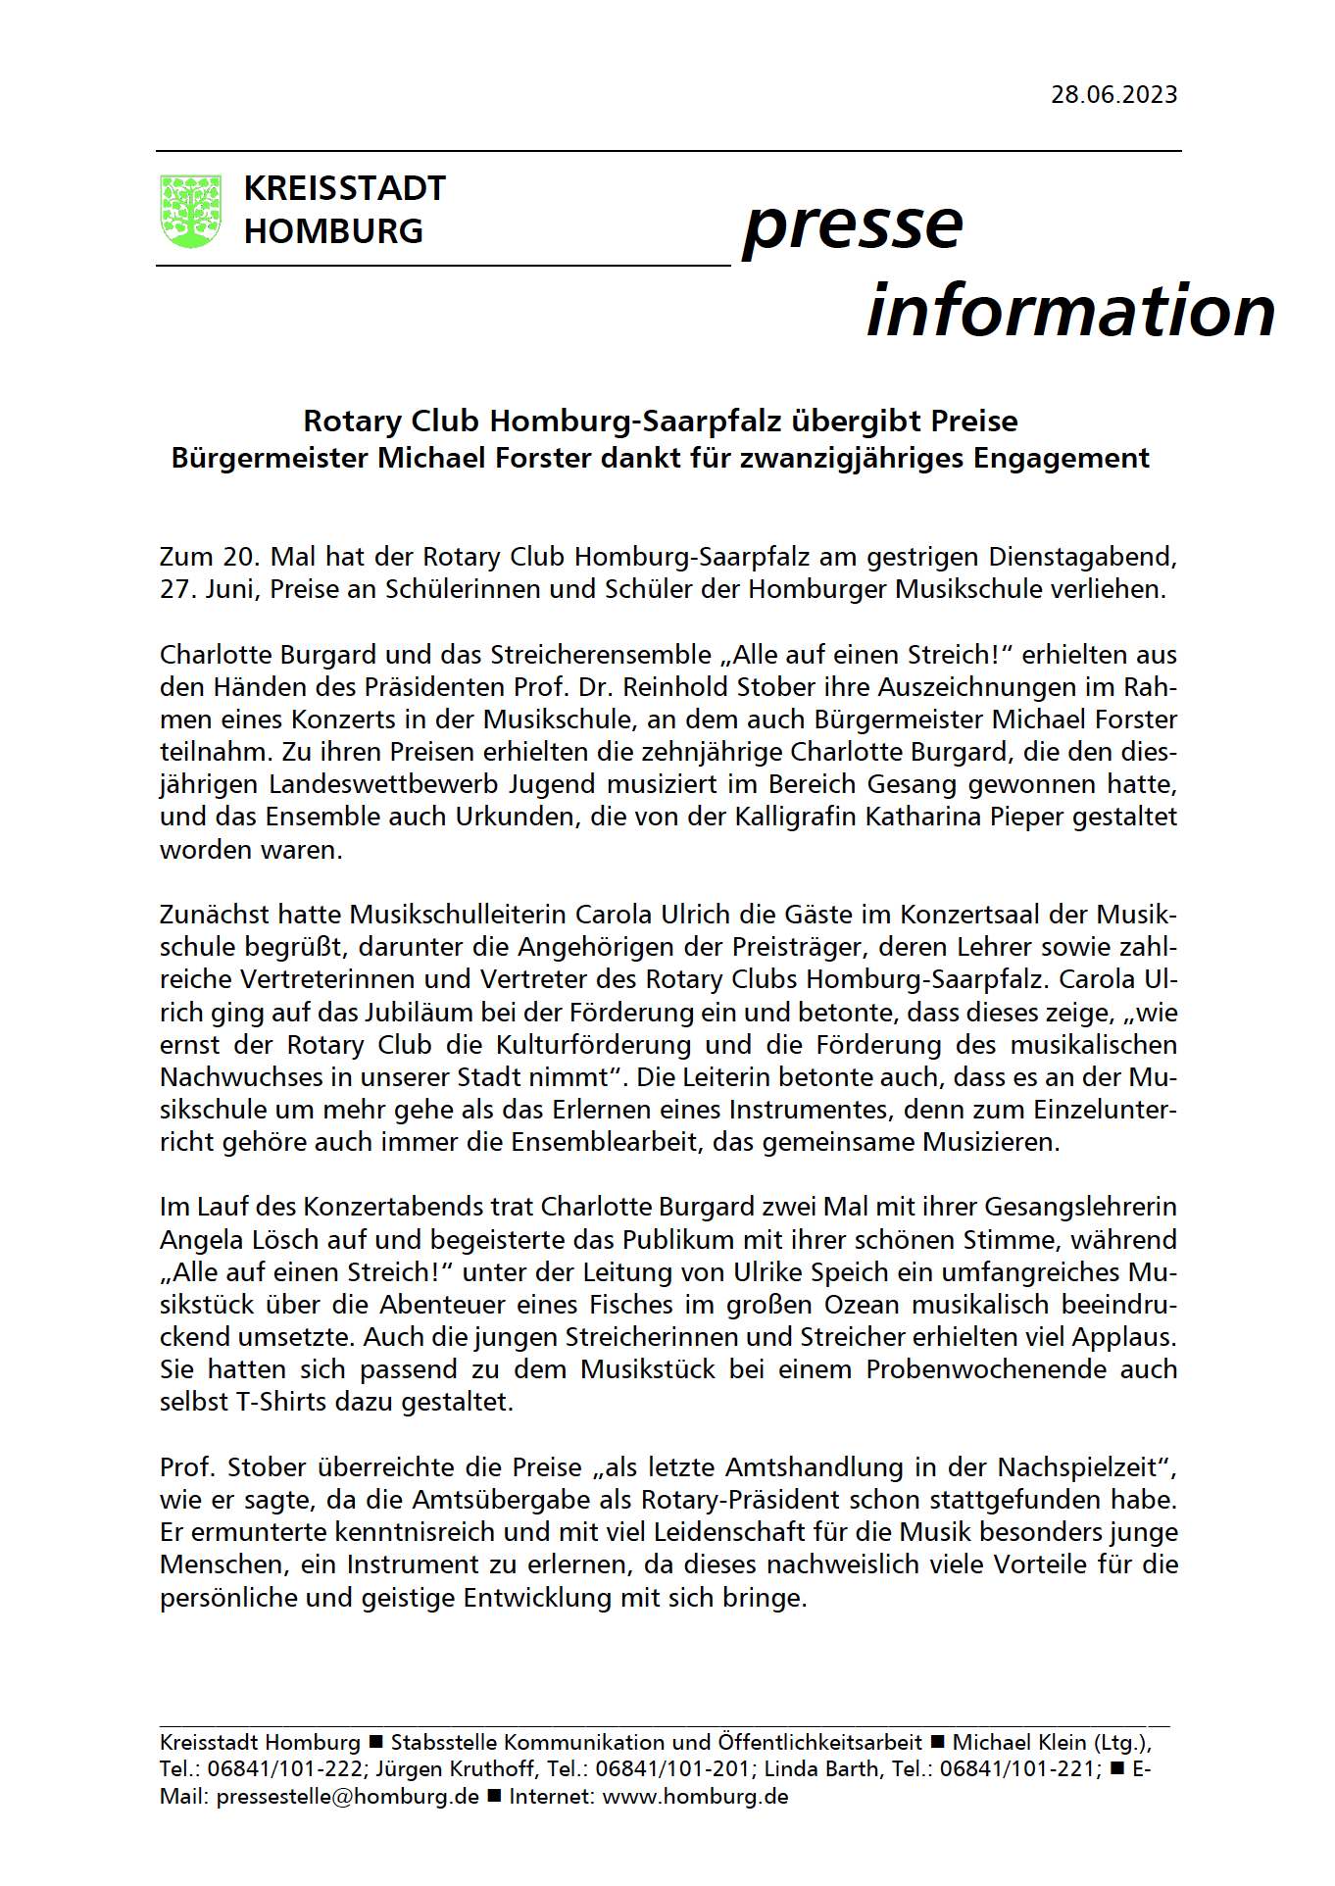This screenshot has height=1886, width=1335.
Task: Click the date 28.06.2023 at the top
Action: click(1113, 95)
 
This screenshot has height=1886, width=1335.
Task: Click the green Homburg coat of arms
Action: click(190, 211)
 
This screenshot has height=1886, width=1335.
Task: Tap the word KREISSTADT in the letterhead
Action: click(344, 188)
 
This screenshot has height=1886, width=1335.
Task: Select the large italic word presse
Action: click(853, 225)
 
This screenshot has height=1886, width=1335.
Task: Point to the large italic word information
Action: click(1070, 311)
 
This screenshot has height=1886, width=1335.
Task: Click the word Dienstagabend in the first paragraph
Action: click(1080, 557)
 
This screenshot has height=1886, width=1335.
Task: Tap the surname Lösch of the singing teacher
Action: click(279, 1240)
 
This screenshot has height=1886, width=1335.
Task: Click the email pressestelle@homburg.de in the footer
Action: click(347, 1797)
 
